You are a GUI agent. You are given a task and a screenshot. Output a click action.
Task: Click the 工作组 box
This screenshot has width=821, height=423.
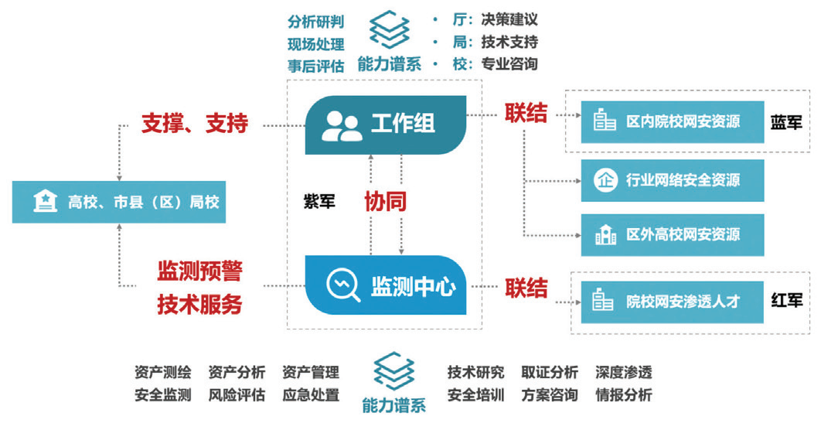click(x=387, y=123)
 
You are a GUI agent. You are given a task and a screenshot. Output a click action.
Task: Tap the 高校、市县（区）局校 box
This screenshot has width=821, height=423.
click(x=119, y=202)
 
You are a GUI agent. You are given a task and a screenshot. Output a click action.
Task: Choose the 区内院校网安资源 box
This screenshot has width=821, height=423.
click(x=672, y=121)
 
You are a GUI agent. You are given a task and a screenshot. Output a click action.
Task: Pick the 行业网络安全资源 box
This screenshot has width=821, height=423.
click(x=672, y=180)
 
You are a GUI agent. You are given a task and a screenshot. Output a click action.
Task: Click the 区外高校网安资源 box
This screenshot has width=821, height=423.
click(x=672, y=234)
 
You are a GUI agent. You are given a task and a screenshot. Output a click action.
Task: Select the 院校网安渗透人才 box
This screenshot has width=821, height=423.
click(x=672, y=301)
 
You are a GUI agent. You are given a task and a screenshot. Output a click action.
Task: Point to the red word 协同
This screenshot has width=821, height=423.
click(x=386, y=202)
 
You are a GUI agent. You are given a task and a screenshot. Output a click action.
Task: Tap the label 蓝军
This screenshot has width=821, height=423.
click(x=786, y=122)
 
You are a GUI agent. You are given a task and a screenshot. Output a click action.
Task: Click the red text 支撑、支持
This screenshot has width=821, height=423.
click(x=194, y=122)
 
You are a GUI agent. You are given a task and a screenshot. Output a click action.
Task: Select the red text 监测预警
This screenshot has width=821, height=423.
click(x=199, y=271)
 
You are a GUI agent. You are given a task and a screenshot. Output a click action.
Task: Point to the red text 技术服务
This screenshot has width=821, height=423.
click(x=199, y=304)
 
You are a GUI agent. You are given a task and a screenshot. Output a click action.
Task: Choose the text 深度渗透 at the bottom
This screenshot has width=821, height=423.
click(x=623, y=373)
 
